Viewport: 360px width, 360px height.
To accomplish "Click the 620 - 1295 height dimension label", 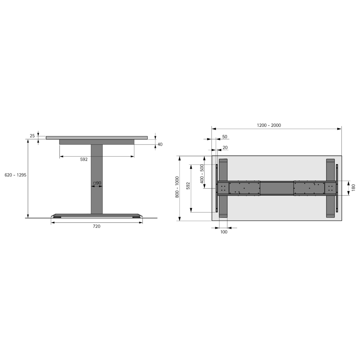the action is coord(16,175).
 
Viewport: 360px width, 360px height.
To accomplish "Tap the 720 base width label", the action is coord(97,226).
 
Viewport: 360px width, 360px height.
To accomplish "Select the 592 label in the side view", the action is coord(84,159).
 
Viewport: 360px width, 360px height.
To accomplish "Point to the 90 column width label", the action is coord(97,183).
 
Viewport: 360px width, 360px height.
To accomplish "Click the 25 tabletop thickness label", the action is coord(32,136).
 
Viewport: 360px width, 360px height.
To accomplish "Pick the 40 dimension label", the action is coord(160,144).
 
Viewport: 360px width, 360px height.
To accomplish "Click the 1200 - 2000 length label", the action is coord(269,125).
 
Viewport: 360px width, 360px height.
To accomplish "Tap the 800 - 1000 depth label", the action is coord(177,187).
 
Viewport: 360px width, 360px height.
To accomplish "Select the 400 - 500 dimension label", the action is coord(202,174).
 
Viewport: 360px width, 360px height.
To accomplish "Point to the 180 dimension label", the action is coord(353,187).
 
